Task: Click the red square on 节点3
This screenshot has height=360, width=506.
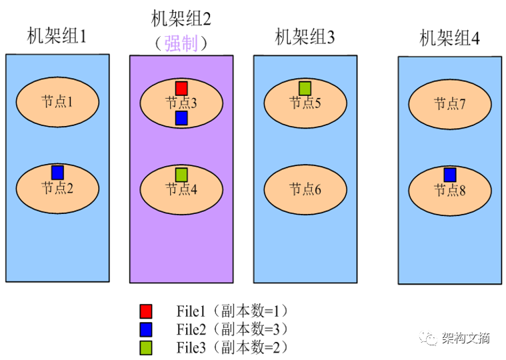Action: click(x=181, y=88)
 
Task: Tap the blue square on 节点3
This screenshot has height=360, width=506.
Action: click(x=181, y=118)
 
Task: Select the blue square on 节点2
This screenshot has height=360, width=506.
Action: click(x=57, y=172)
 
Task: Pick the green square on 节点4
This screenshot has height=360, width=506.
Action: click(x=181, y=175)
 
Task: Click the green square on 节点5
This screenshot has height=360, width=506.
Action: click(x=305, y=87)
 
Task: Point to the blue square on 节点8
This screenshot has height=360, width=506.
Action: click(x=450, y=175)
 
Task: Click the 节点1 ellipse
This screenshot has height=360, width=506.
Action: click(x=57, y=102)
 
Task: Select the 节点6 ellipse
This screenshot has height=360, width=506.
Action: click(x=306, y=189)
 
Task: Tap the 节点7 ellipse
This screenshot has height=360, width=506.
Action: click(x=450, y=104)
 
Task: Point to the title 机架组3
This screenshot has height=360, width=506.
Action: click(x=305, y=37)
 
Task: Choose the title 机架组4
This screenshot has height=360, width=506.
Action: click(x=449, y=38)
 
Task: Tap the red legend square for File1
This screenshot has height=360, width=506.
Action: click(x=146, y=311)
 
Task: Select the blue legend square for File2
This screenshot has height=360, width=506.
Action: click(x=146, y=329)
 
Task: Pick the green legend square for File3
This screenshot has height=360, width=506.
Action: click(x=146, y=347)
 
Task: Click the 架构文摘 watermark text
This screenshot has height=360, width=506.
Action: click(x=465, y=338)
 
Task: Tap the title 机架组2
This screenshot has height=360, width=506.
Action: click(x=181, y=19)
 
